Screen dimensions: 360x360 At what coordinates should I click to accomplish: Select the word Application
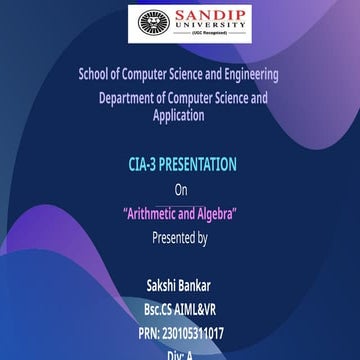tap(179, 115)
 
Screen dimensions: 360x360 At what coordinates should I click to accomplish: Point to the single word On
tap(180, 189)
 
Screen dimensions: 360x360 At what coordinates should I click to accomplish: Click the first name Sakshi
tap(164, 286)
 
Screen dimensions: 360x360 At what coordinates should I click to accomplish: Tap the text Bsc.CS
tap(163, 310)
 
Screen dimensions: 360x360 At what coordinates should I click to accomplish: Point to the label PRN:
tap(149, 334)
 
